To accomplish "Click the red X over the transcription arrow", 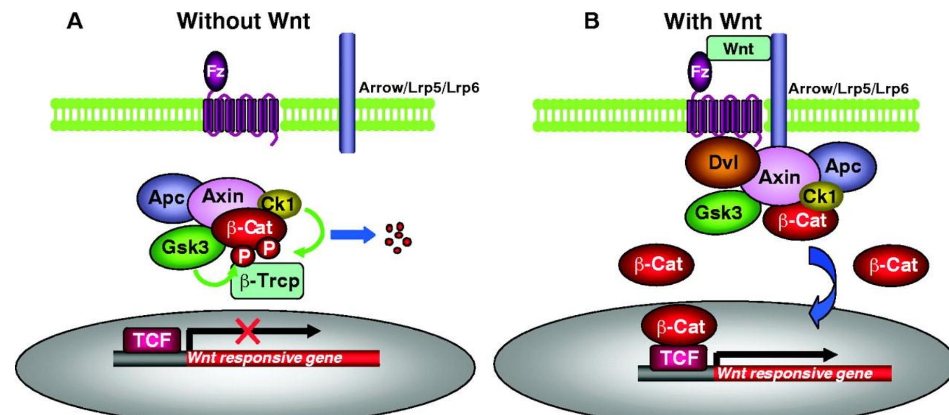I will pyautogui.click(x=248, y=331).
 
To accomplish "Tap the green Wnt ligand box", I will pyautogui.click(x=738, y=49).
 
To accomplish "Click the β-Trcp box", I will pyautogui.click(x=267, y=281).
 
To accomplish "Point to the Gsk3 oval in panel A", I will pyautogui.click(x=185, y=248).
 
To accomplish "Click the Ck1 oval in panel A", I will pyautogui.click(x=281, y=204).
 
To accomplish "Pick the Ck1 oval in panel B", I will pyautogui.click(x=821, y=196).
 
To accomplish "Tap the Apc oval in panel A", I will pyautogui.click(x=164, y=197).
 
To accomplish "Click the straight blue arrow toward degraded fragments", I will pyautogui.click(x=352, y=235).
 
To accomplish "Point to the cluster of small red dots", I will pyautogui.click(x=398, y=238).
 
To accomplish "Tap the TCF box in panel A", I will pyautogui.click(x=152, y=341).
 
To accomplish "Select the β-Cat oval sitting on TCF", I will pyautogui.click(x=680, y=326).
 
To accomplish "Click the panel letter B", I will pyautogui.click(x=591, y=21).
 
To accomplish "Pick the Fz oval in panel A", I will pyautogui.click(x=215, y=71).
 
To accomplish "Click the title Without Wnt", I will pyautogui.click(x=243, y=21).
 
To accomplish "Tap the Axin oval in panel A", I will pyautogui.click(x=222, y=196).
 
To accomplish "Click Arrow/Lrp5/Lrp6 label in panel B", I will pyautogui.click(x=848, y=88).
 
